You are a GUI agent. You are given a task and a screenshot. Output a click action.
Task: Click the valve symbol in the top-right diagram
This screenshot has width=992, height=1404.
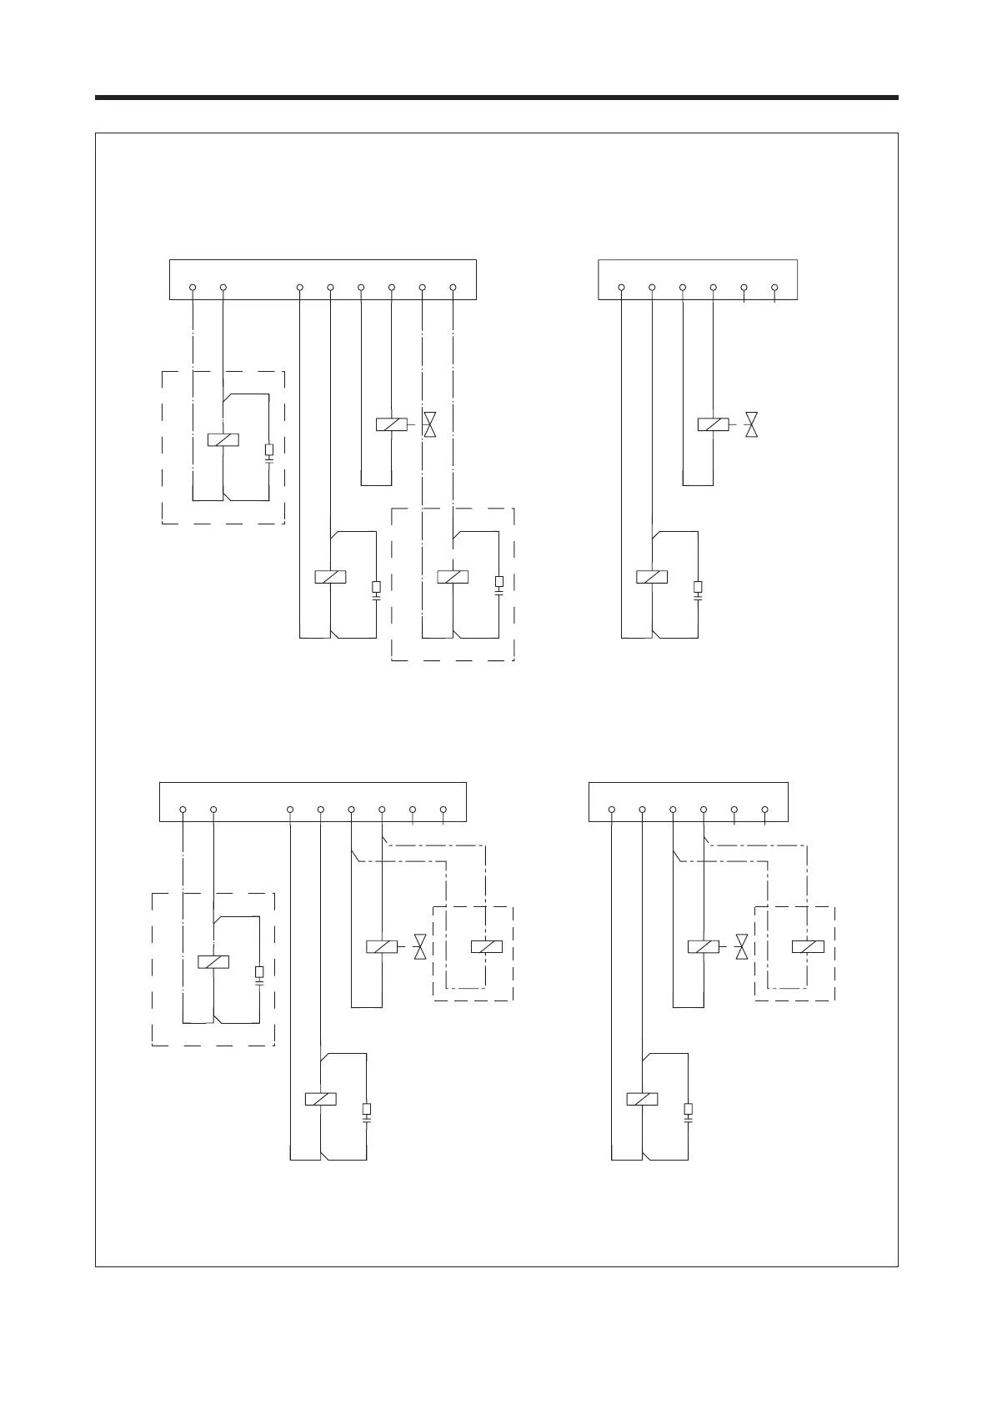tap(752, 424)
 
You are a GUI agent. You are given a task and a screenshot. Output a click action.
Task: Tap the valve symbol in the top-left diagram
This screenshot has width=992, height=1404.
tap(430, 424)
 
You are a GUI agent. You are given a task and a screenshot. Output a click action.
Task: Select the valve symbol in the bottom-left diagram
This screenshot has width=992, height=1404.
tap(421, 946)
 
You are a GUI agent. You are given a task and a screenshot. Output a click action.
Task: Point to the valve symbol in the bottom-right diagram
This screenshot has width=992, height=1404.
tap(742, 946)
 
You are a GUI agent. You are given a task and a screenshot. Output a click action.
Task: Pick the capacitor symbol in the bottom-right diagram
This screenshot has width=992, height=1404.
tap(688, 1112)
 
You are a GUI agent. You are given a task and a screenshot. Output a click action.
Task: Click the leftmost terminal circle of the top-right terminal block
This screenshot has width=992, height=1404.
tap(622, 288)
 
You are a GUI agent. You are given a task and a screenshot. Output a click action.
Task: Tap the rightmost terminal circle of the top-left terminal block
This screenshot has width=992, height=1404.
tap(453, 288)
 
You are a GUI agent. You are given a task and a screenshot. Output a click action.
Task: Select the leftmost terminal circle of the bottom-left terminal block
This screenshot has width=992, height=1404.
tap(183, 810)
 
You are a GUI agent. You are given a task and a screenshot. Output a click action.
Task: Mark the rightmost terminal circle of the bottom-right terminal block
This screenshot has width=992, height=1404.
tap(764, 810)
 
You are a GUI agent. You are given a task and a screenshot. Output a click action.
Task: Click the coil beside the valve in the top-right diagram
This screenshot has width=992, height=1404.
tap(713, 424)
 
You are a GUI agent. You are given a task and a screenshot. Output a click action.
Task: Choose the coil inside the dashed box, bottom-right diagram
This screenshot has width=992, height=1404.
tap(808, 946)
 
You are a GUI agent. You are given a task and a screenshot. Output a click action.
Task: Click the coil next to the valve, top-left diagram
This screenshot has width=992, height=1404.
tap(392, 424)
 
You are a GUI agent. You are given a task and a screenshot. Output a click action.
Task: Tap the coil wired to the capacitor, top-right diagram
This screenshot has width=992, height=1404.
tap(652, 576)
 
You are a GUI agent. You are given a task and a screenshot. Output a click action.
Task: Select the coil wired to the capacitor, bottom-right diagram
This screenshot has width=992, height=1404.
tap(642, 1099)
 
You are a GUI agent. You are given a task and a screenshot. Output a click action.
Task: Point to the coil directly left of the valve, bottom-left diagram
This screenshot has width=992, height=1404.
tap(382, 946)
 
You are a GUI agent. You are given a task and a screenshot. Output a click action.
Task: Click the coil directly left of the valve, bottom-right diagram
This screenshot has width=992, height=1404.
tap(703, 946)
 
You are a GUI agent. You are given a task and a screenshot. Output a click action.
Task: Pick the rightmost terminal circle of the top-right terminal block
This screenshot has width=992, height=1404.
tap(774, 288)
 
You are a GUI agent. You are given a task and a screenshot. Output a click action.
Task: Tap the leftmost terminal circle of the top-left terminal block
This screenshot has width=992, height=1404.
tap(193, 288)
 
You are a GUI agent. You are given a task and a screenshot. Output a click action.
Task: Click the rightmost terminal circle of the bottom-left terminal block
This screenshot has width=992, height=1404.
tap(443, 810)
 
